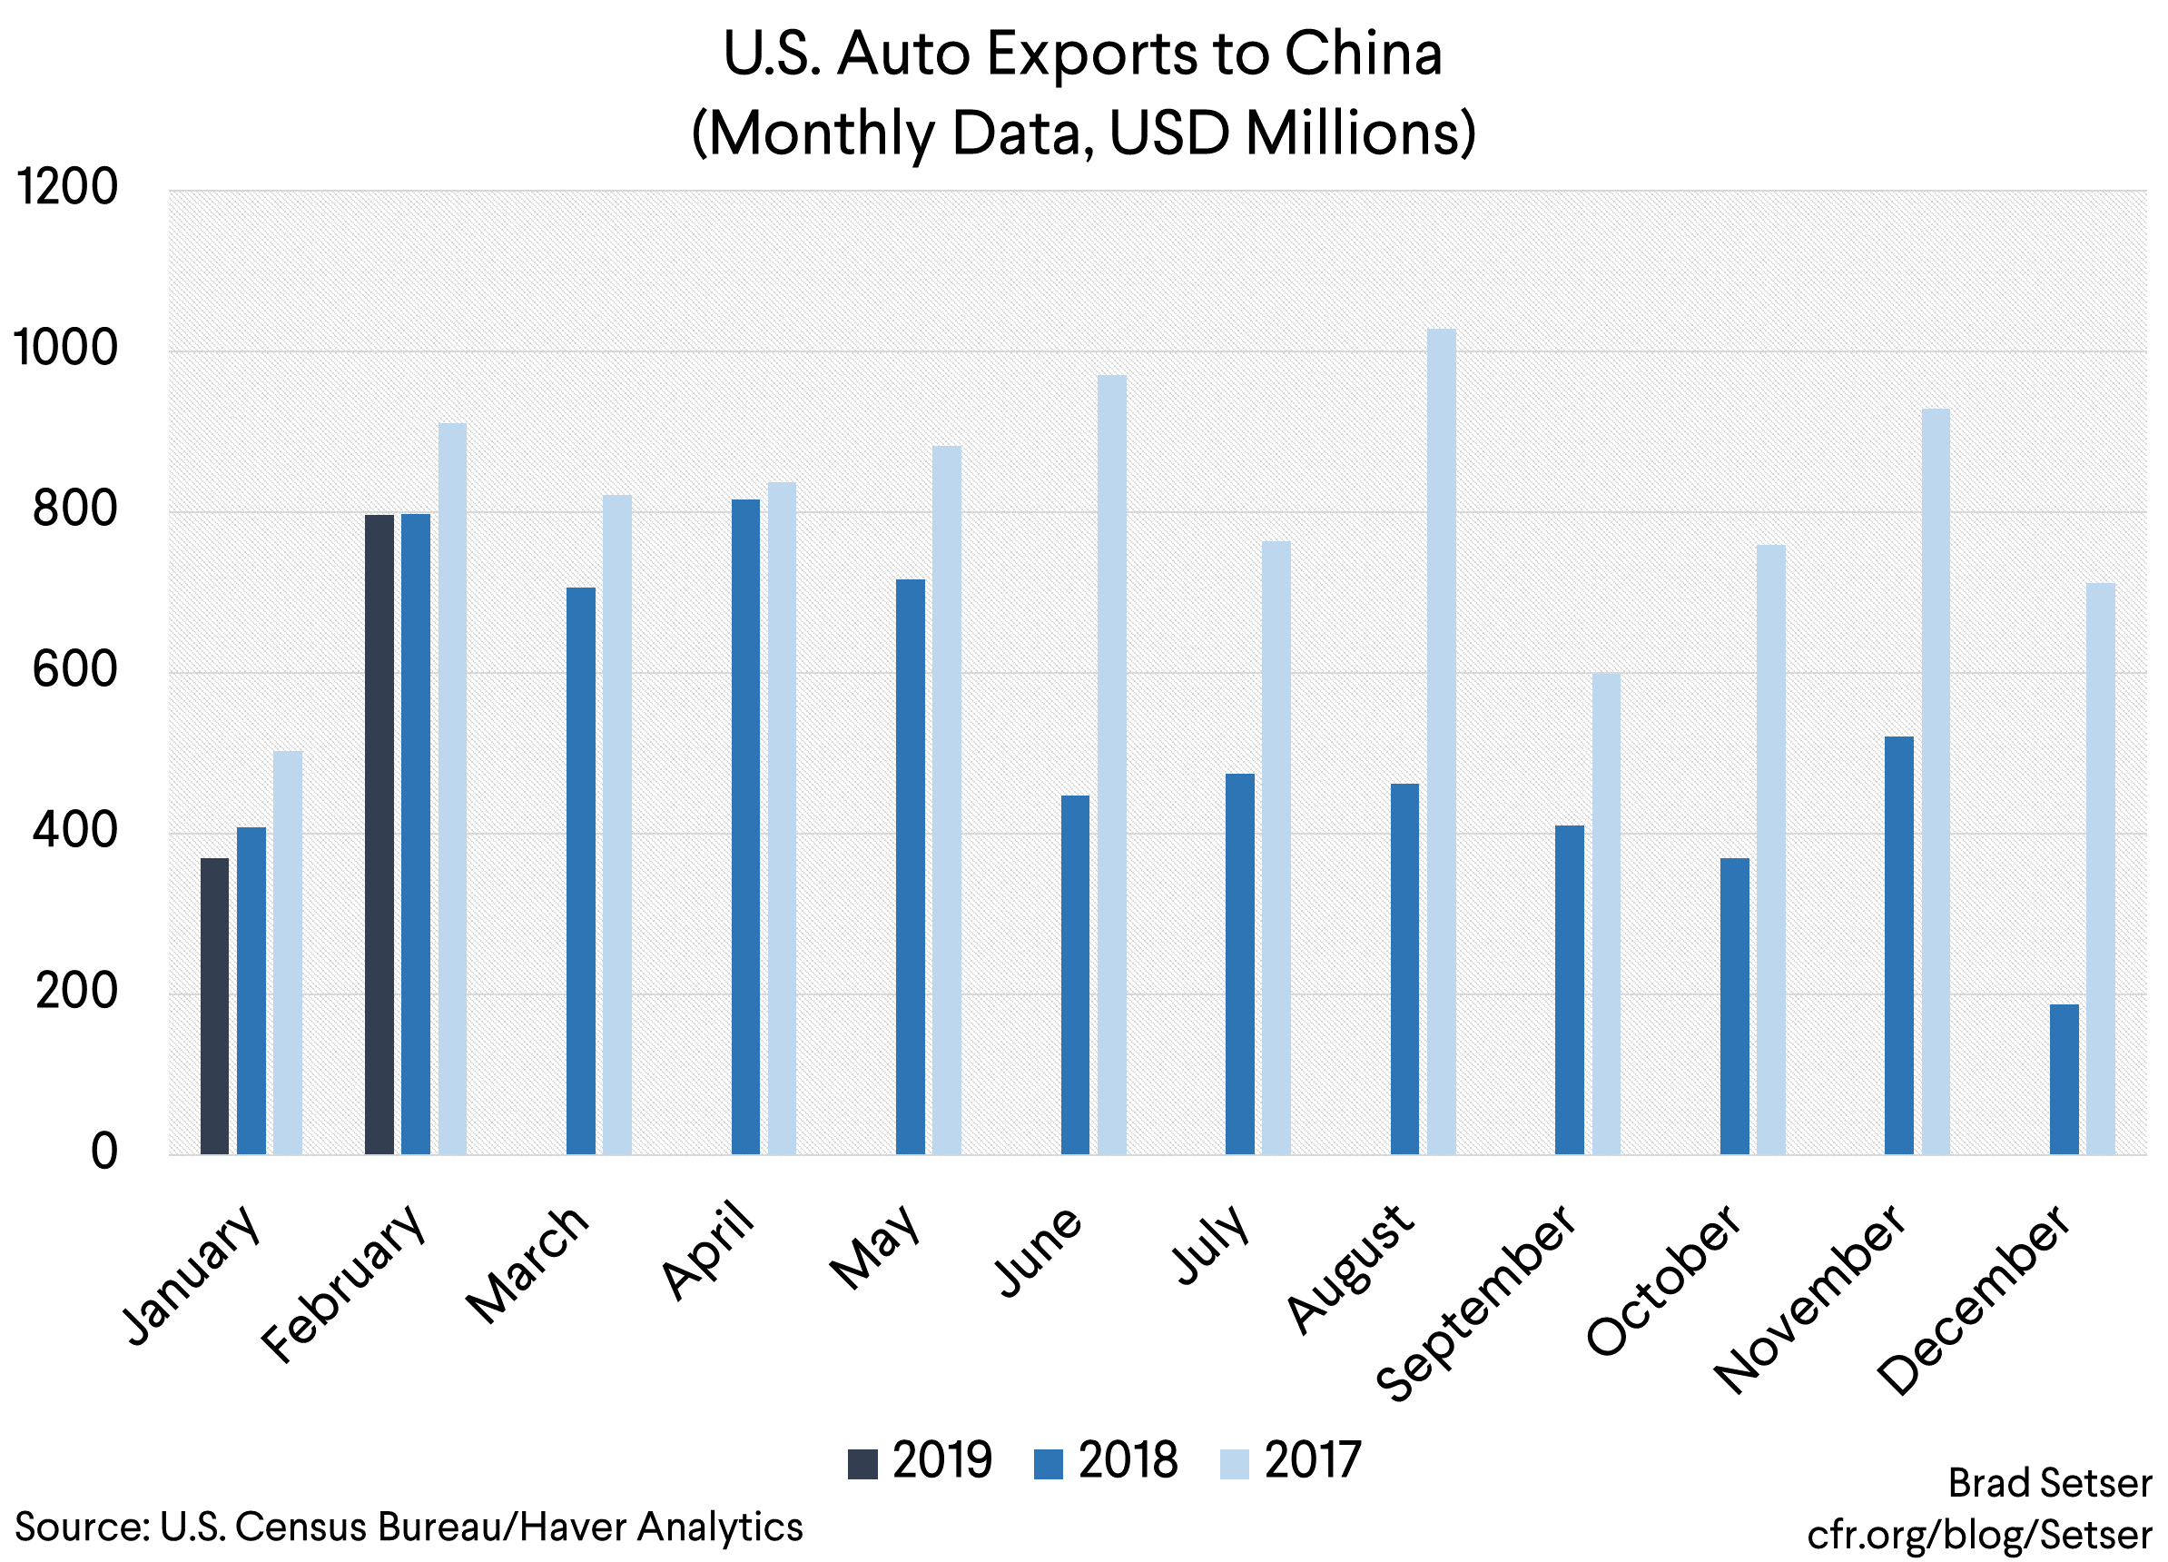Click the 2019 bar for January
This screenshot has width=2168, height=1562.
[214, 1005]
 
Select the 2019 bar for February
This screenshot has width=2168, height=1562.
[379, 834]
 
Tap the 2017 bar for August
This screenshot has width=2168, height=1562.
[1441, 741]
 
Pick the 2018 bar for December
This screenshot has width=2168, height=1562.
[2064, 1079]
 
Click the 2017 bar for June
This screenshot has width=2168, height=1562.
[1112, 765]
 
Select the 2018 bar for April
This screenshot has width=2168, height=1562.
[745, 827]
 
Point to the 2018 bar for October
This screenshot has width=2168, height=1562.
[1734, 1005]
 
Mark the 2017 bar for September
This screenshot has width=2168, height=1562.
[1606, 913]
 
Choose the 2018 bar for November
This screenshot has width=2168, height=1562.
[1898, 945]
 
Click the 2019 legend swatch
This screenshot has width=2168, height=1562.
[862, 1464]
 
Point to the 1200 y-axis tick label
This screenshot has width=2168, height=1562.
[67, 187]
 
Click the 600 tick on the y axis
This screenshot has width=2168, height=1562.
[74, 670]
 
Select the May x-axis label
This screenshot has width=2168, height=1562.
[875, 1248]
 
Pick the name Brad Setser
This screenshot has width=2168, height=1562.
[2050, 1483]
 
